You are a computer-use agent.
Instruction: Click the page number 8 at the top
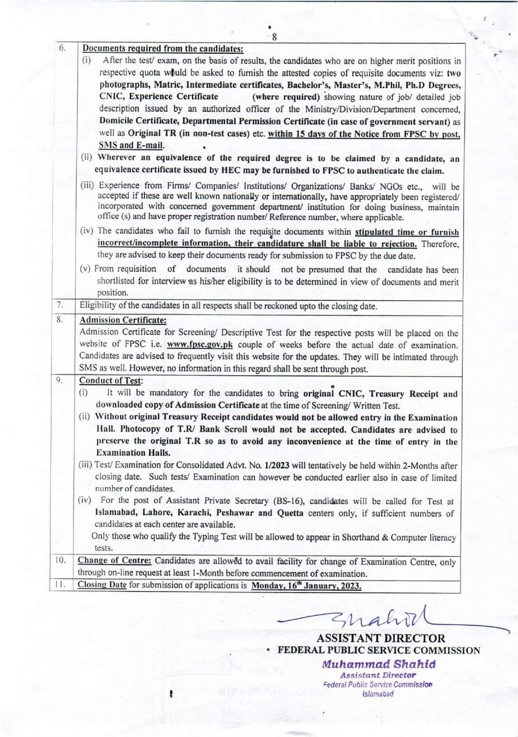click(274, 37)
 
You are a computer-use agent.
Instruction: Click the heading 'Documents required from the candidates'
click(163, 48)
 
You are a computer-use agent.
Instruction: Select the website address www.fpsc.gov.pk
click(200, 345)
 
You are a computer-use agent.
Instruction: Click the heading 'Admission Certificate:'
click(123, 320)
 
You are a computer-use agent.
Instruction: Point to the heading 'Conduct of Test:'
click(111, 380)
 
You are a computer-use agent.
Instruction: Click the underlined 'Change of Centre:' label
click(115, 561)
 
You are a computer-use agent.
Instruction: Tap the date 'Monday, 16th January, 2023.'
click(306, 585)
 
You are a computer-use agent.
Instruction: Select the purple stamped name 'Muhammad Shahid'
click(379, 665)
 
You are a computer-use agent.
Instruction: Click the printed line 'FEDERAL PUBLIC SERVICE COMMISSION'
click(378, 651)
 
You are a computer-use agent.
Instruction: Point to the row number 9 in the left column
click(59, 380)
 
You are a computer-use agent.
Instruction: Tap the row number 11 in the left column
click(60, 585)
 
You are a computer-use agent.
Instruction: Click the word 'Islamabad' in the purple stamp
click(378, 693)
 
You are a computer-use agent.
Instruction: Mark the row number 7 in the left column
click(59, 305)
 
